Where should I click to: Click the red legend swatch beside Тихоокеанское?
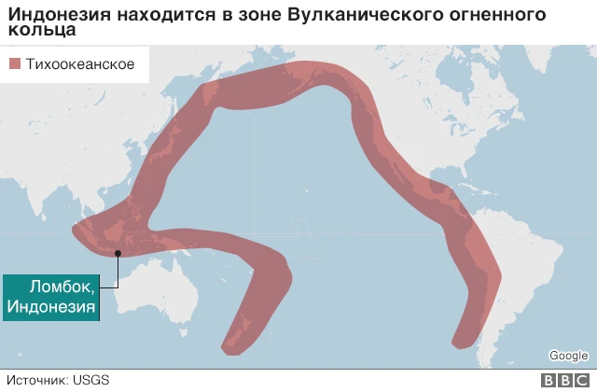tap(15, 64)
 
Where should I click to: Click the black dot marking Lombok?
tap(118, 252)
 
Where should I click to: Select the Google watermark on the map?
tap(567, 356)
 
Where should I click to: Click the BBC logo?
tap(564, 380)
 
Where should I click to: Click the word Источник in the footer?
tap(37, 380)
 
